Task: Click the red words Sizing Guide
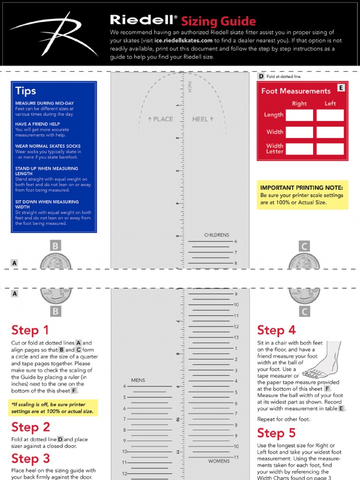218,21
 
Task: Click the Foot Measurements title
296,91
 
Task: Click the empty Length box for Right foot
299,115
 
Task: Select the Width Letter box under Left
330,149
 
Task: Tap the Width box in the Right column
299,132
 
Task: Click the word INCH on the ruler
190,87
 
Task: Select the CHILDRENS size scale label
217,235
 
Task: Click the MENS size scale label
138,380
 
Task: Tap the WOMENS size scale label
219,461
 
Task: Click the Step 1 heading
30,330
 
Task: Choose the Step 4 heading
276,330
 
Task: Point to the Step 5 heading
276,433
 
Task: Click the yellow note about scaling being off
53,408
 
